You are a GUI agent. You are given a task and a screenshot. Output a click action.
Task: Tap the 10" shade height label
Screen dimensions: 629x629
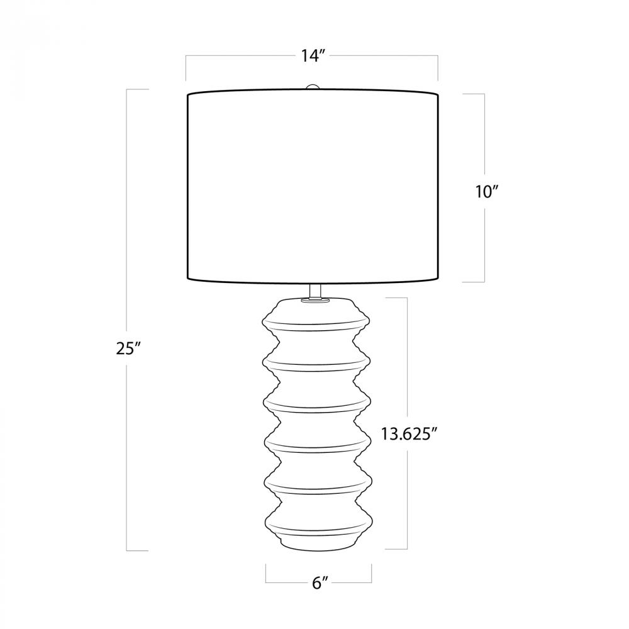pos(487,192)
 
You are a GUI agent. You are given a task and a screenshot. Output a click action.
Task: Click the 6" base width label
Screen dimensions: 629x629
pos(320,583)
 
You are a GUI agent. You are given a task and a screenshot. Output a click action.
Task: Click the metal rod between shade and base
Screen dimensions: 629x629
pos(315,289)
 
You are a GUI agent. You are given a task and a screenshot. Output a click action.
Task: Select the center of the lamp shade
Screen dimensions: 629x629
pos(313,187)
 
